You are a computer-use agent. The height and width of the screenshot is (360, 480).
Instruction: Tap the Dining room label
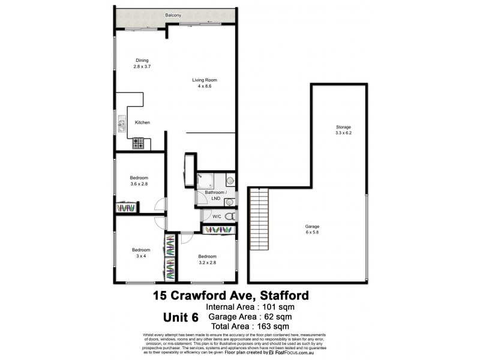pyautogui.click(x=142, y=60)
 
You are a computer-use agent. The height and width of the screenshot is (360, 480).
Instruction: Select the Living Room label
pyautogui.click(x=204, y=80)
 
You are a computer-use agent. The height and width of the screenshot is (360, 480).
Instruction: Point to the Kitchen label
pyautogui.click(x=142, y=122)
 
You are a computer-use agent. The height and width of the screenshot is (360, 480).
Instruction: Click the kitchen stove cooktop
pyautogui.click(x=138, y=143)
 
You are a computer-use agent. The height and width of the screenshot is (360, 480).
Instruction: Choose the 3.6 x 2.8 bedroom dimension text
pyautogui.click(x=139, y=184)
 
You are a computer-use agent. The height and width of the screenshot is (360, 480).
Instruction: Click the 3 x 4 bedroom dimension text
pyautogui.click(x=140, y=256)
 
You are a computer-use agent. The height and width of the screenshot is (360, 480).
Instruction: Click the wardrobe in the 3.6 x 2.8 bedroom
pyautogui.click(x=128, y=207)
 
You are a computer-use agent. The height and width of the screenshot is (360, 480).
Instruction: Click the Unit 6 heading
pyautogui.click(x=183, y=316)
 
